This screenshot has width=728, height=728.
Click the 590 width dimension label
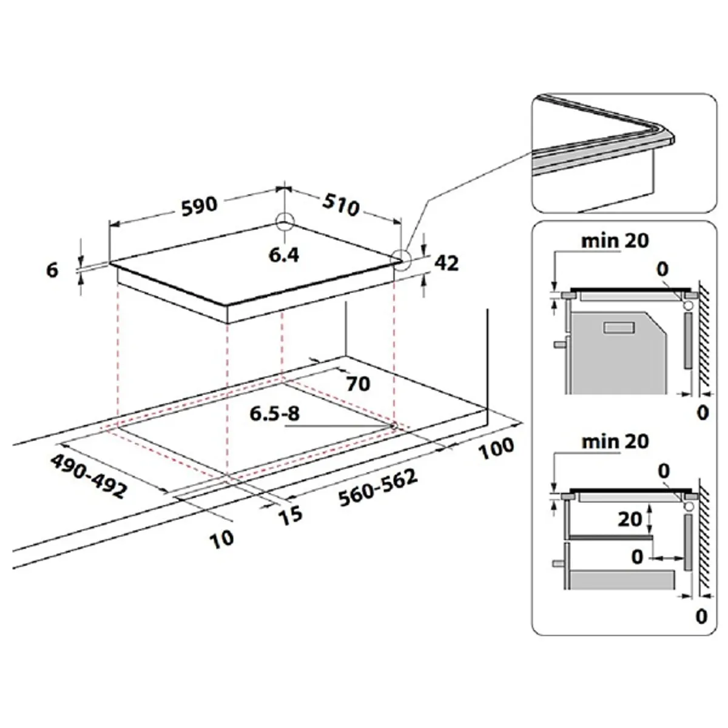198,204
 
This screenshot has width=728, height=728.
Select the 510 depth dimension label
340,205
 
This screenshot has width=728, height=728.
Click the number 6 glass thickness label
53,269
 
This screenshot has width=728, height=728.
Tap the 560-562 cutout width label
378,489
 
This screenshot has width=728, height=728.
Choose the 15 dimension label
290,514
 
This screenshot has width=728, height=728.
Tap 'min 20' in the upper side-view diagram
615,241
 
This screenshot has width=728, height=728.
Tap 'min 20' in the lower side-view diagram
615,441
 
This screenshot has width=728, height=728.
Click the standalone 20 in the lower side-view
630,519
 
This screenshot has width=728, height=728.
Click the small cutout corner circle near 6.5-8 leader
395,425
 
